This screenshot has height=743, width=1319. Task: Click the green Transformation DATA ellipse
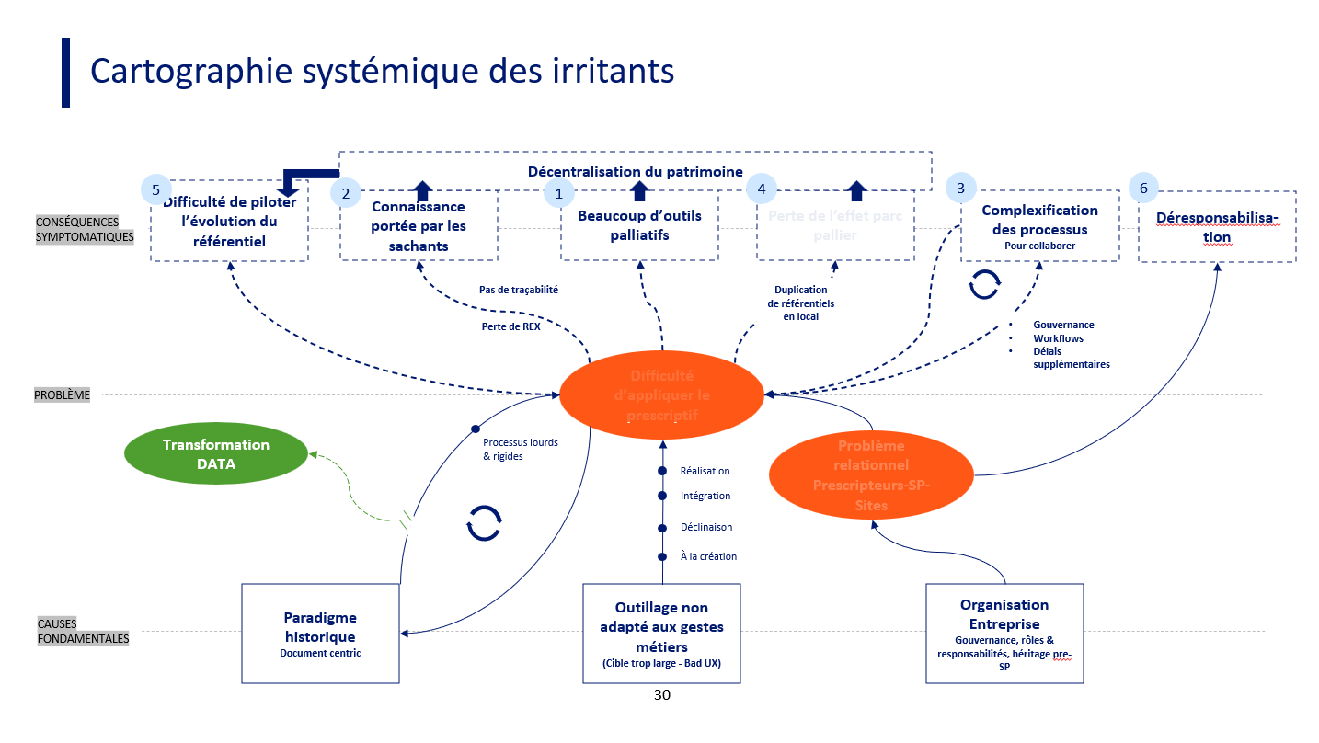[216, 454]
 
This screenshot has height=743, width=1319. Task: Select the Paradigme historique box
[320, 634]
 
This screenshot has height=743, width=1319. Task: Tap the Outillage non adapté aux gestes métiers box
[661, 634]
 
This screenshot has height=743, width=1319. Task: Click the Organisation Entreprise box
[1004, 634]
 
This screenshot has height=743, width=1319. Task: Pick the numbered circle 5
[155, 190]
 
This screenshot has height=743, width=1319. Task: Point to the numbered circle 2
[346, 193]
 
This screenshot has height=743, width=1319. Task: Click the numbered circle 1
[559, 193]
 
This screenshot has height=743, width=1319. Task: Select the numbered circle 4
[762, 189]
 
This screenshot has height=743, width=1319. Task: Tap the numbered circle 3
[961, 188]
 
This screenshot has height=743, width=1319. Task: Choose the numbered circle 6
[1143, 188]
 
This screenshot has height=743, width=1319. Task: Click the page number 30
[662, 695]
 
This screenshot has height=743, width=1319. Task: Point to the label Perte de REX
[510, 327]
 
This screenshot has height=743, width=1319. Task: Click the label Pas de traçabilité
[518, 290]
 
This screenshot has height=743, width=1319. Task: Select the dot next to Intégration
[662, 496]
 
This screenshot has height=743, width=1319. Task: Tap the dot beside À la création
[662, 557]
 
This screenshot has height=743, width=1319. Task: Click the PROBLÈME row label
[62, 395]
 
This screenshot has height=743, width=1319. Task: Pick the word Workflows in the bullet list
[1058, 338]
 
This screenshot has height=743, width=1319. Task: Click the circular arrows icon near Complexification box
[984, 284]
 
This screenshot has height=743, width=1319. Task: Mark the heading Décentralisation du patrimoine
[635, 171]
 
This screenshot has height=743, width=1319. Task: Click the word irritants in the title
[613, 71]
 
